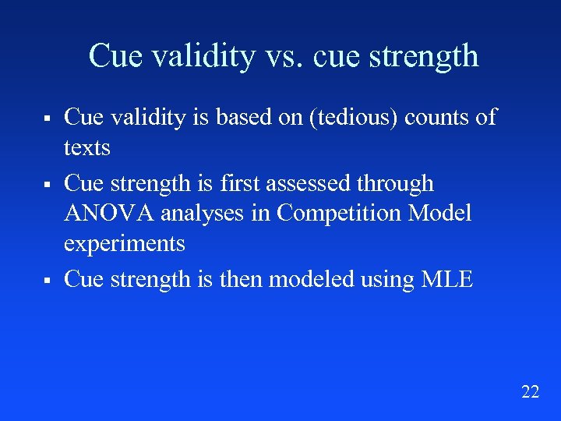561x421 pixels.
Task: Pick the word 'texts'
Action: pos(86,147)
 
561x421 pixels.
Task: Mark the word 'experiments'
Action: pos(124,244)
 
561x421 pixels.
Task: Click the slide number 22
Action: pos(530,392)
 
